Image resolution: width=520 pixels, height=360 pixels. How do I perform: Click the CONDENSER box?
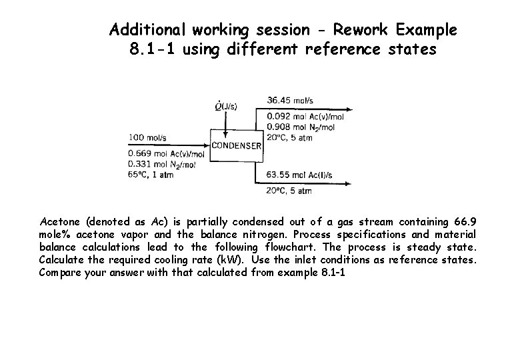(236, 146)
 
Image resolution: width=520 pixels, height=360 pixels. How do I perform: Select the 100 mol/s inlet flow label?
(147, 137)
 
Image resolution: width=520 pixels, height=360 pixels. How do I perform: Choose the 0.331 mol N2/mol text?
(161, 163)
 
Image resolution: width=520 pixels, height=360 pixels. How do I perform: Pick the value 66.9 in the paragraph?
(466, 221)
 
